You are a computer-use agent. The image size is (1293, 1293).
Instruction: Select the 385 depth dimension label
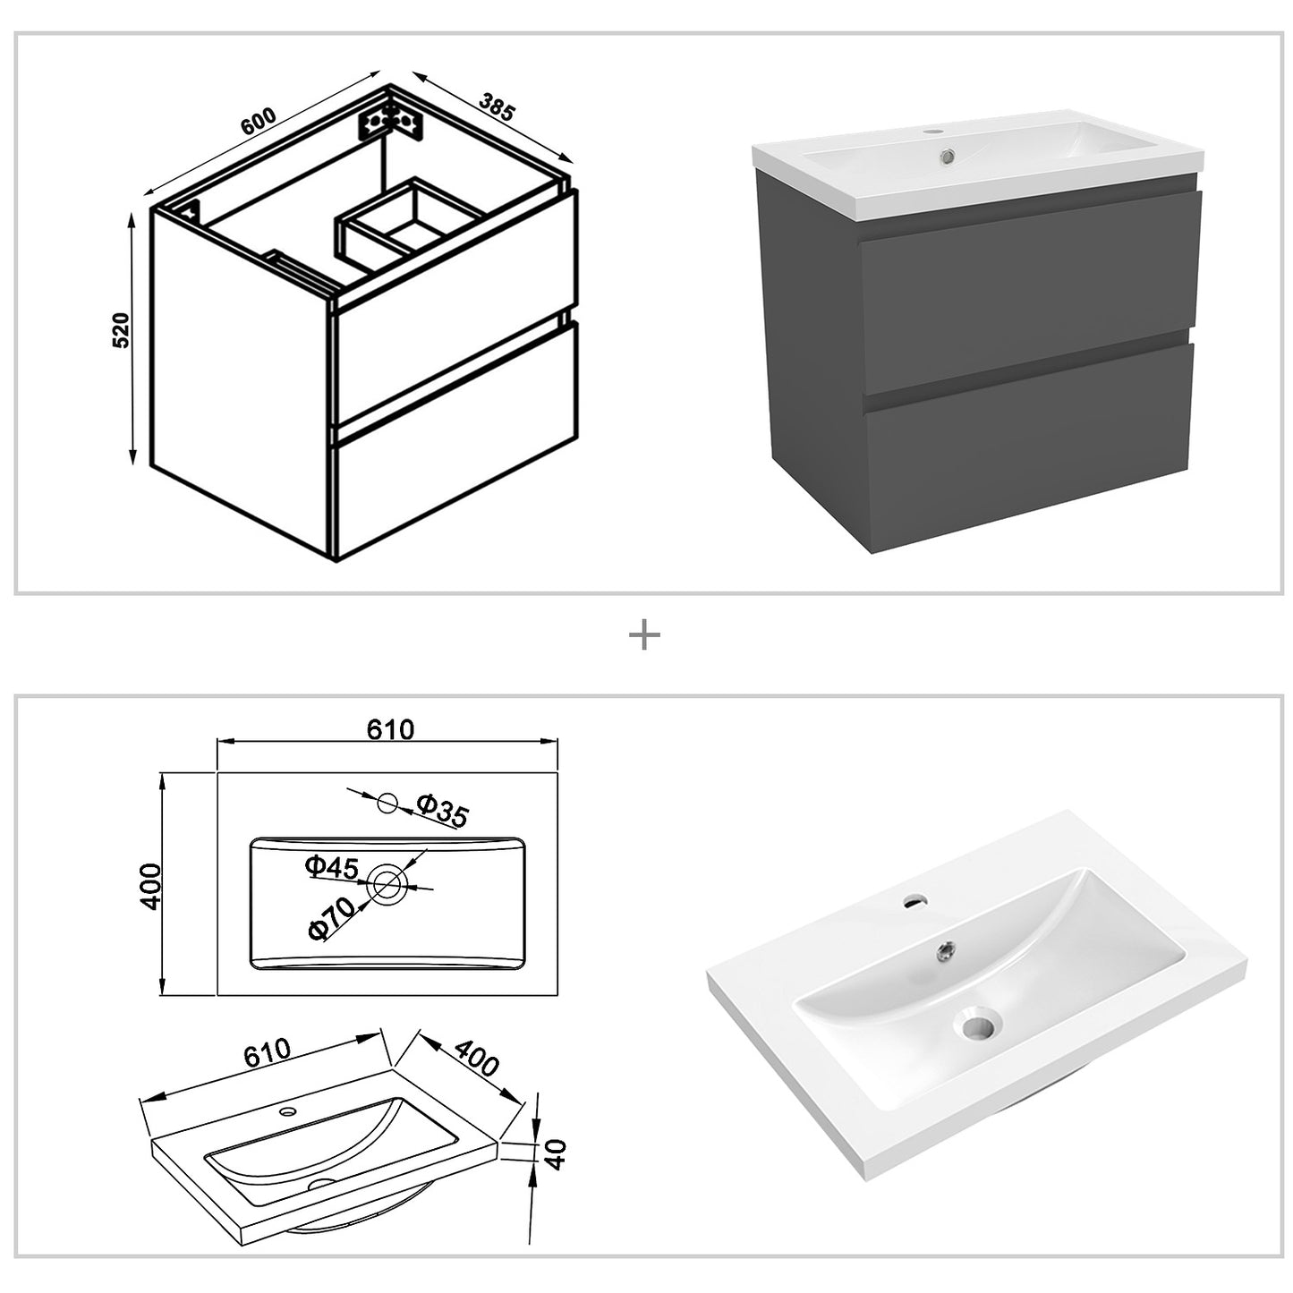pos(497,107)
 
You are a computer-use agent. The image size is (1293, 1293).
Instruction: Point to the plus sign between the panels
pos(644,636)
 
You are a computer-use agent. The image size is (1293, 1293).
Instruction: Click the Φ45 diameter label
pos(331,866)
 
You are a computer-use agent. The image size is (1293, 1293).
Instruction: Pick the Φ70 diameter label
pos(329,918)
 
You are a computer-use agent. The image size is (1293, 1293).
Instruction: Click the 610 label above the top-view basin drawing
pos(390,730)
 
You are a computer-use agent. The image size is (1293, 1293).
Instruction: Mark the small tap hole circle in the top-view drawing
pos(387,803)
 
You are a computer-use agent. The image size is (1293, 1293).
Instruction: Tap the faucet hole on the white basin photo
pos(914,899)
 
